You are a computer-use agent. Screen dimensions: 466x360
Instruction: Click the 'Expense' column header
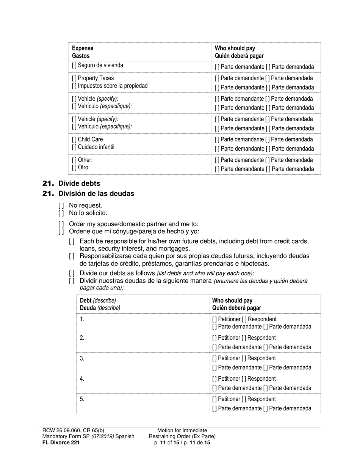(x=83, y=48)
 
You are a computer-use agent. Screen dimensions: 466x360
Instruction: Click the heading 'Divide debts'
(x=79, y=183)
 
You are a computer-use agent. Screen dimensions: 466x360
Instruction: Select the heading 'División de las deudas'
(x=96, y=194)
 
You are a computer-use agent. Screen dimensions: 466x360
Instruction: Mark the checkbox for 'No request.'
(x=61, y=206)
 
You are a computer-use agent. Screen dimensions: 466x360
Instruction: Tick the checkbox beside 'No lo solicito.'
(x=61, y=213)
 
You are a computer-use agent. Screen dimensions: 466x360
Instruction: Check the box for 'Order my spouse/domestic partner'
(x=61, y=224)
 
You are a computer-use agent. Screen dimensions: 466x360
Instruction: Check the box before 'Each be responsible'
(x=72, y=241)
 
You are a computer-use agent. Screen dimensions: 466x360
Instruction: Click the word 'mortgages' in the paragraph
(x=175, y=249)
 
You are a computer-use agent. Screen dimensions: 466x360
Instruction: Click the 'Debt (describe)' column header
(x=98, y=300)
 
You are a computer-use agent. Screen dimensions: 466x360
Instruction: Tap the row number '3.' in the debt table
(x=82, y=358)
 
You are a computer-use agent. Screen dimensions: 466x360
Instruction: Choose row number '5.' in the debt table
(x=82, y=399)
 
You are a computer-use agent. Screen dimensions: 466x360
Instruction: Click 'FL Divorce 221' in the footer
(x=61, y=442)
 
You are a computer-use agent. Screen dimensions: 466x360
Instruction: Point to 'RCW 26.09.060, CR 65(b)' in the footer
(x=74, y=430)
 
